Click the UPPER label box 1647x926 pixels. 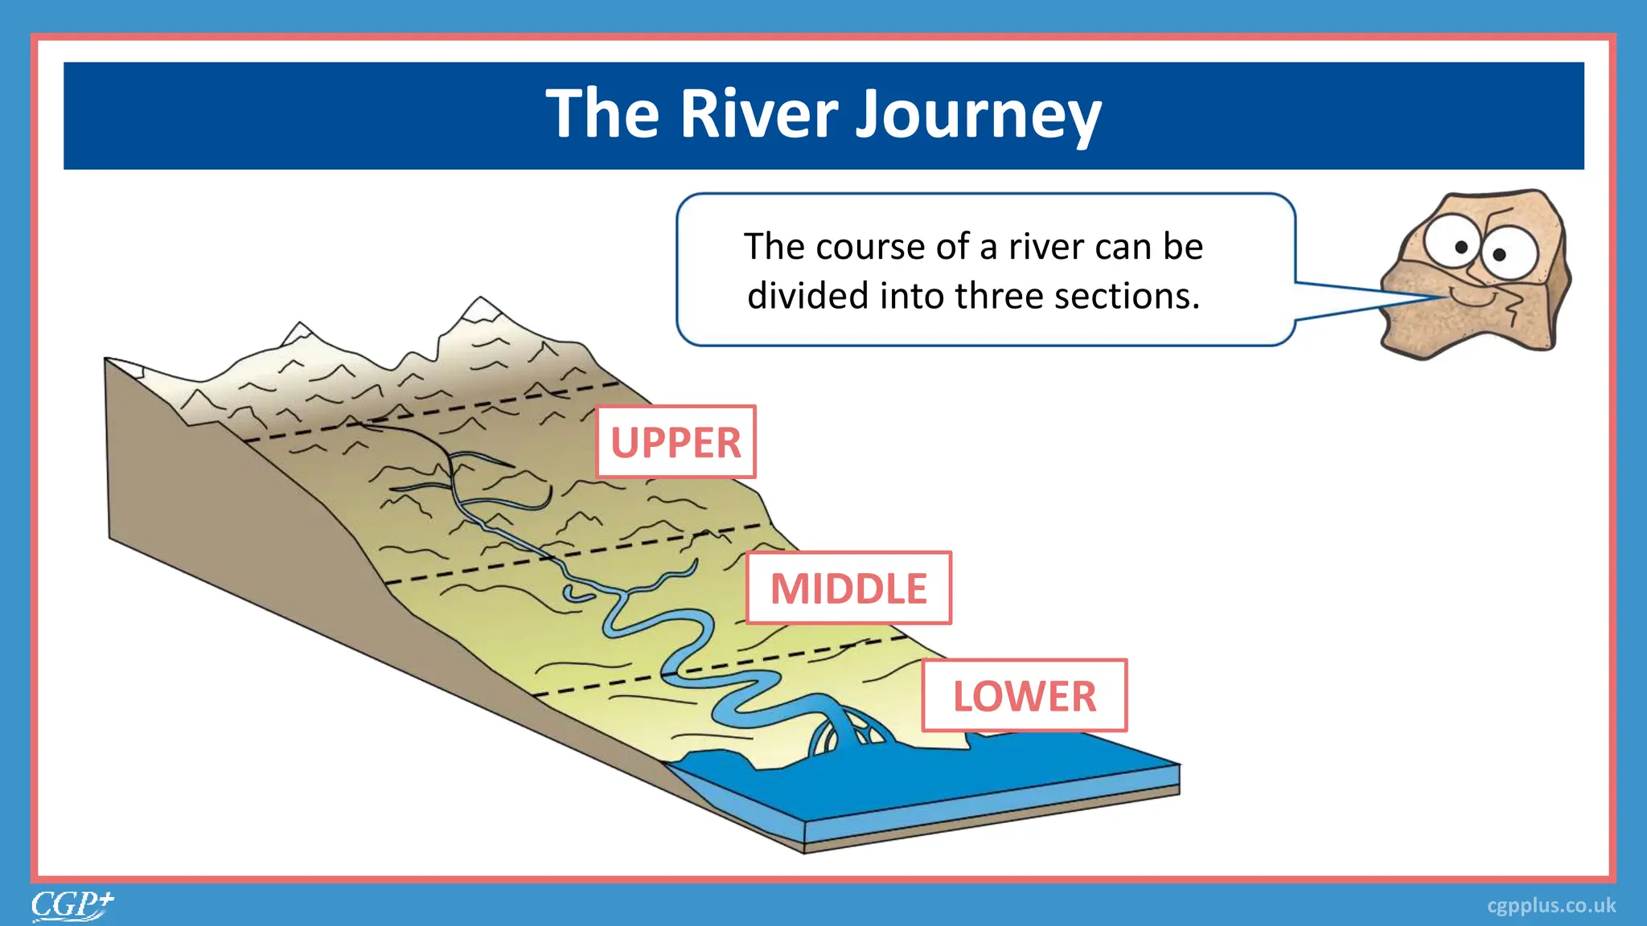tap(676, 442)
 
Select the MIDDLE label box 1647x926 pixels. tap(848, 588)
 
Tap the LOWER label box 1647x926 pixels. tap(1024, 695)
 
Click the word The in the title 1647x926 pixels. tap(602, 113)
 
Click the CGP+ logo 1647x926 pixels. tap(72, 905)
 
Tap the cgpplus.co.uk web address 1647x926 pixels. tap(1550, 906)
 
